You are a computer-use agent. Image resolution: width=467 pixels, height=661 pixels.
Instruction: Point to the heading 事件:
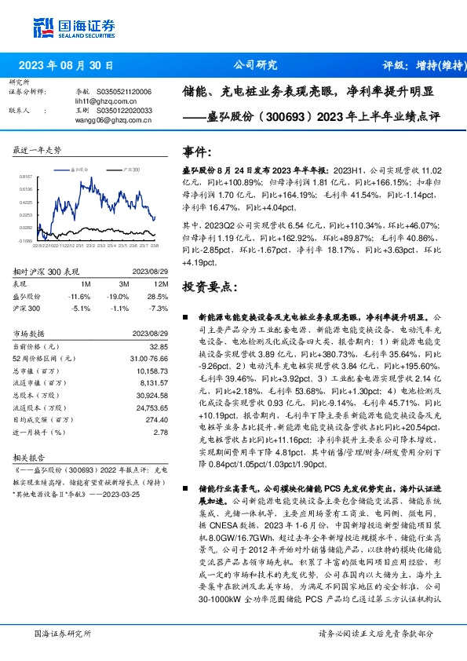tap(196, 152)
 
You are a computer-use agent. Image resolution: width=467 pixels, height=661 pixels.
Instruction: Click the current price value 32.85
tap(159, 346)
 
